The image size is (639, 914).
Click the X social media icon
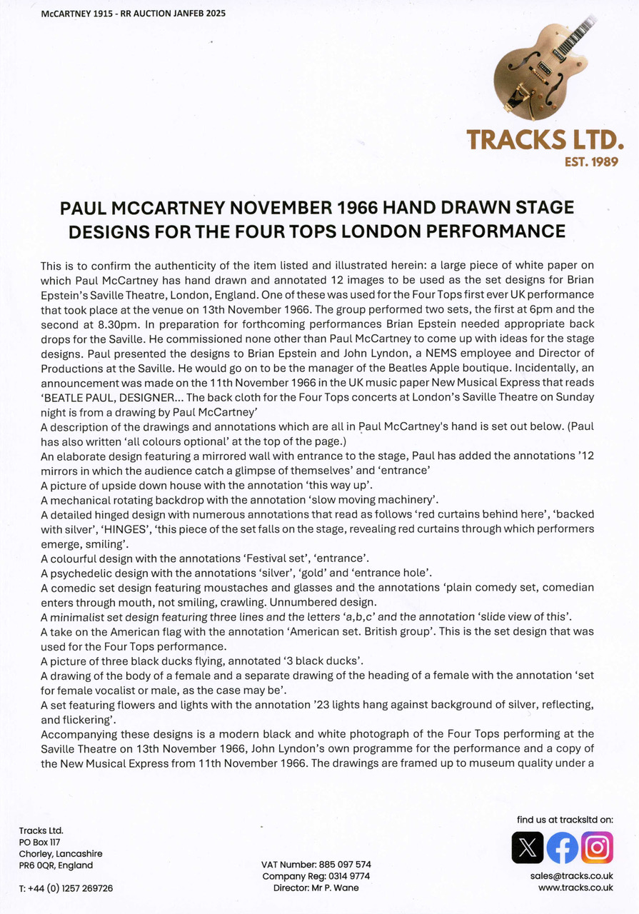click(528, 848)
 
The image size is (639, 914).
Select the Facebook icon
click(563, 848)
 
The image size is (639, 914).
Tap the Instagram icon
click(597, 848)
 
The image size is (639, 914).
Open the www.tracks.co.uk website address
click(575, 888)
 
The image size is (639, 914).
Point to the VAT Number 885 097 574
click(316, 865)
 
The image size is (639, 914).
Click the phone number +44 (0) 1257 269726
click(66, 888)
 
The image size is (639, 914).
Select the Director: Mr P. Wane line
click(316, 888)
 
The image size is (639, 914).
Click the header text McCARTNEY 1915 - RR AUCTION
click(129, 14)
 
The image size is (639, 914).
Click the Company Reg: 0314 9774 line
click(316, 876)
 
